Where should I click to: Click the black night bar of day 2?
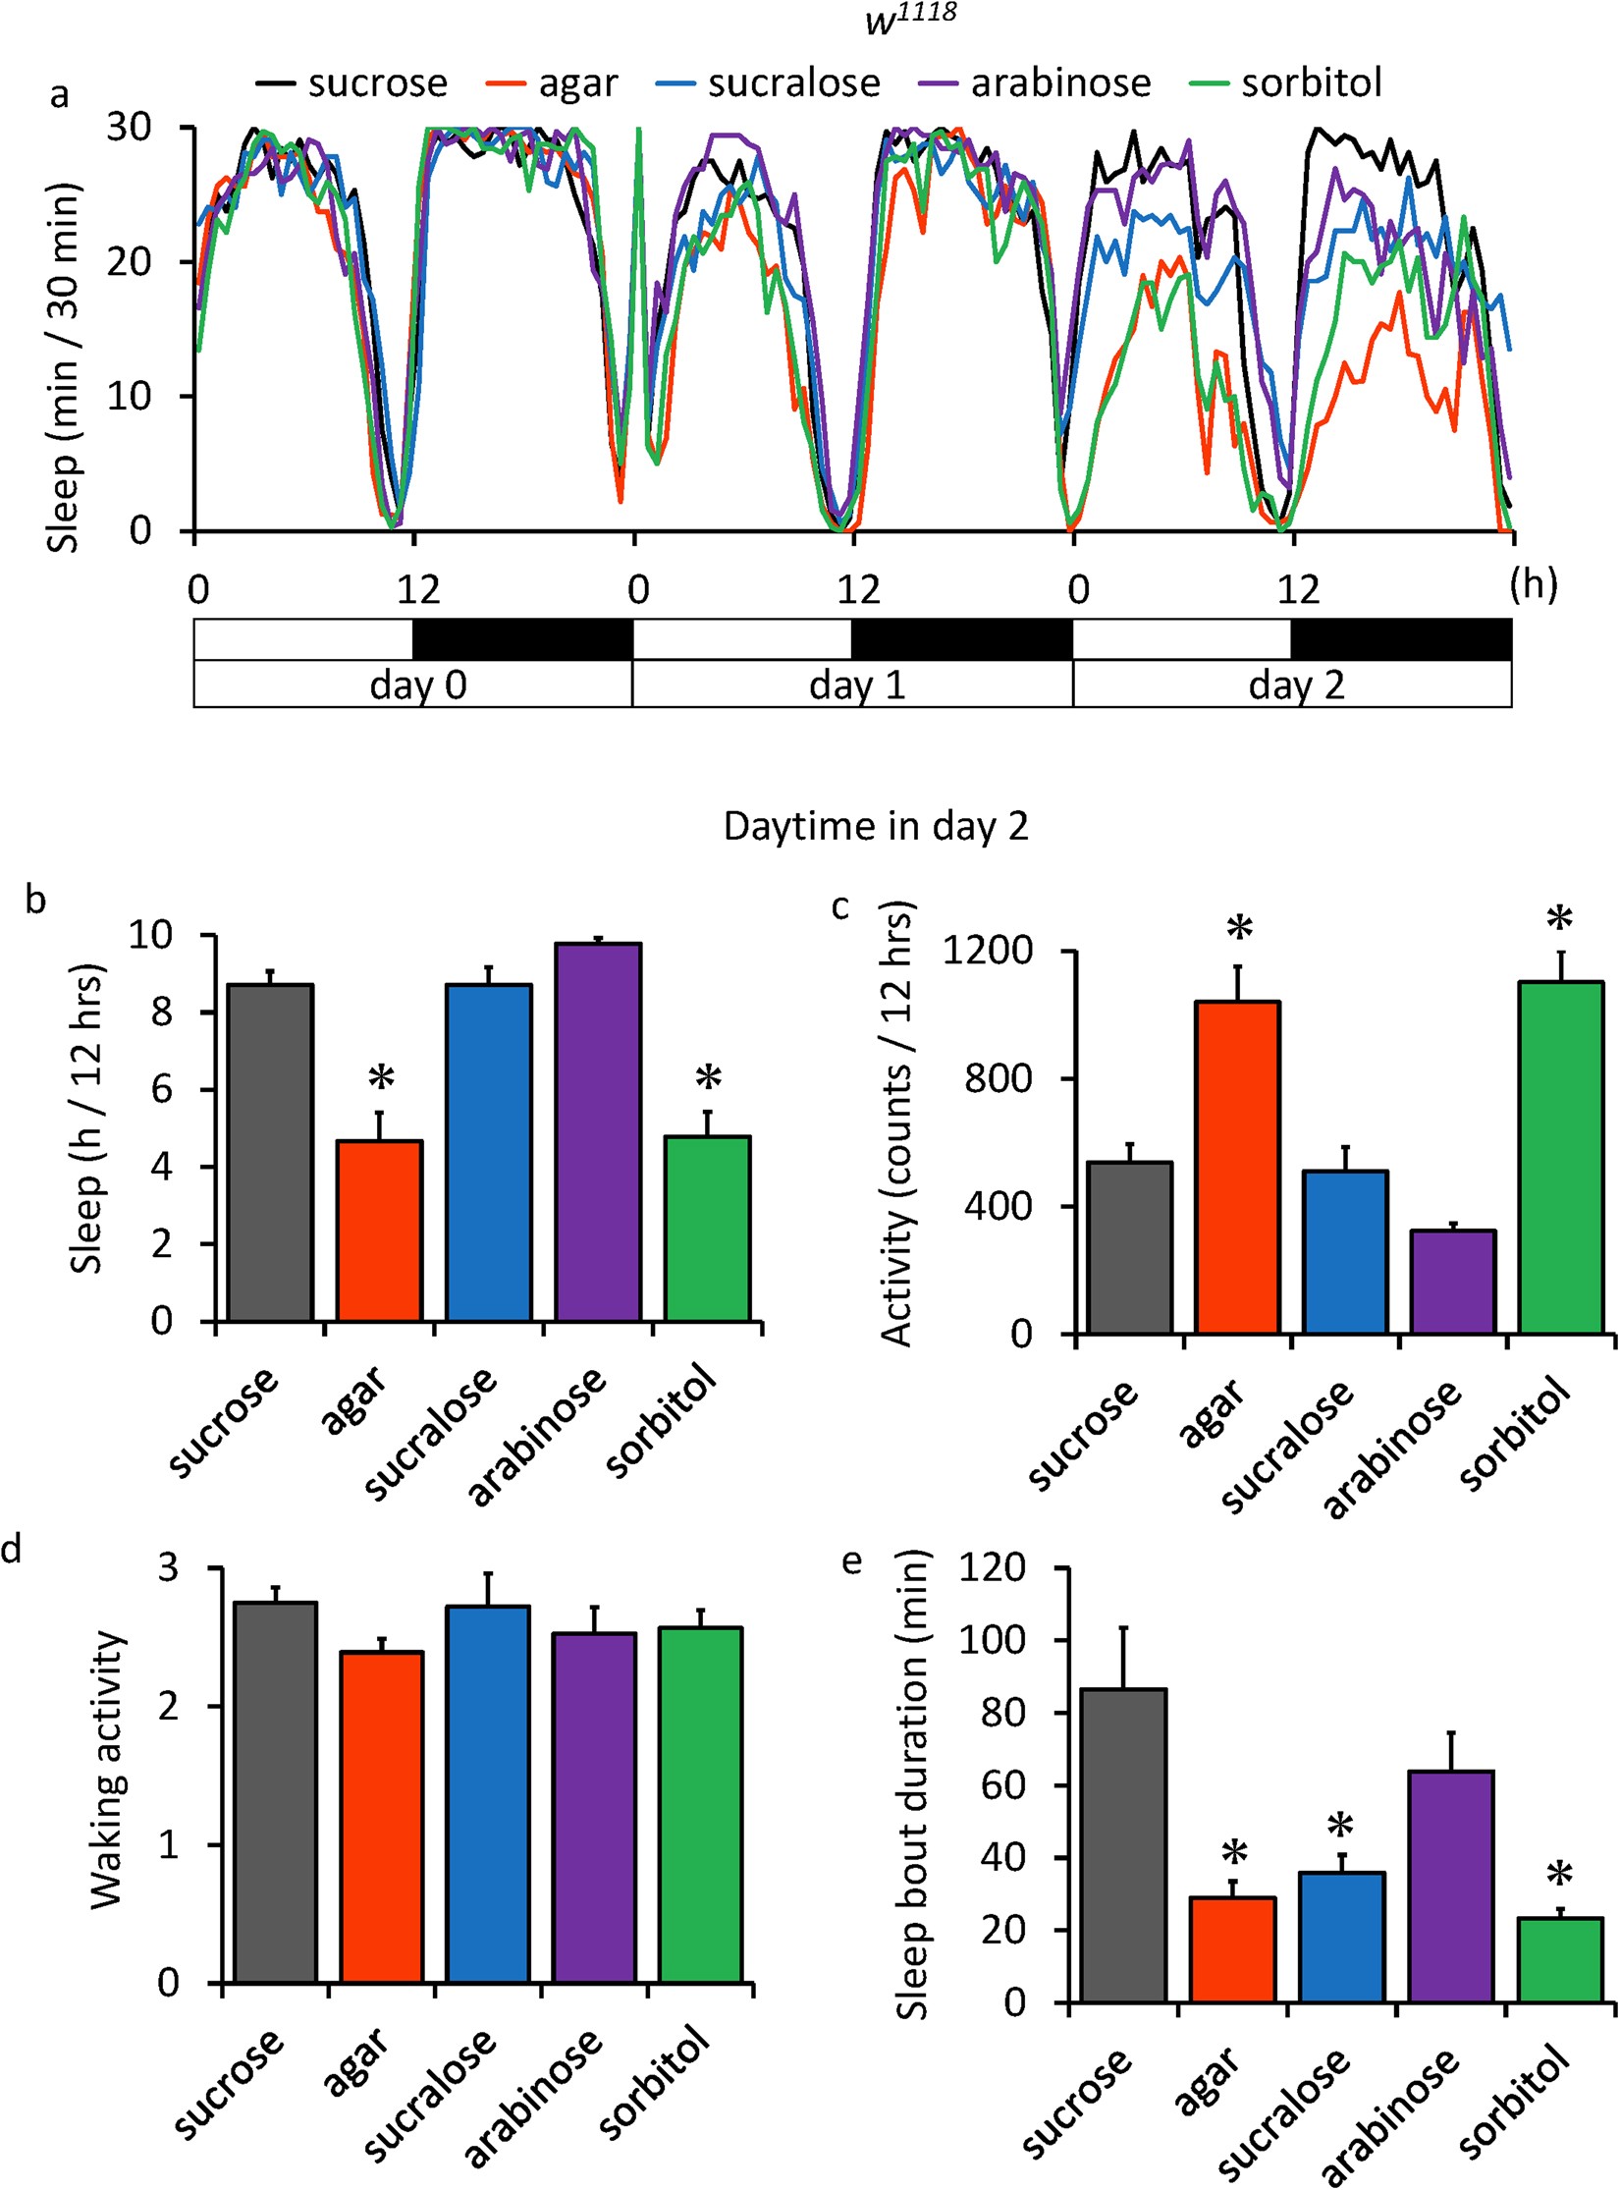coord(1400,639)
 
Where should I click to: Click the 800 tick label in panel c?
coord(998,1078)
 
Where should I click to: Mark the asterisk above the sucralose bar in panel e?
coord(1340,1827)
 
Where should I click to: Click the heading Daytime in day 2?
coord(875,826)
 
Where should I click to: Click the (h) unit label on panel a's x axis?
coord(1534,585)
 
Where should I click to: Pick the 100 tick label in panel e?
coord(997,1640)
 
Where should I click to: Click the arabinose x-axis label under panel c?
coord(1392,1450)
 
